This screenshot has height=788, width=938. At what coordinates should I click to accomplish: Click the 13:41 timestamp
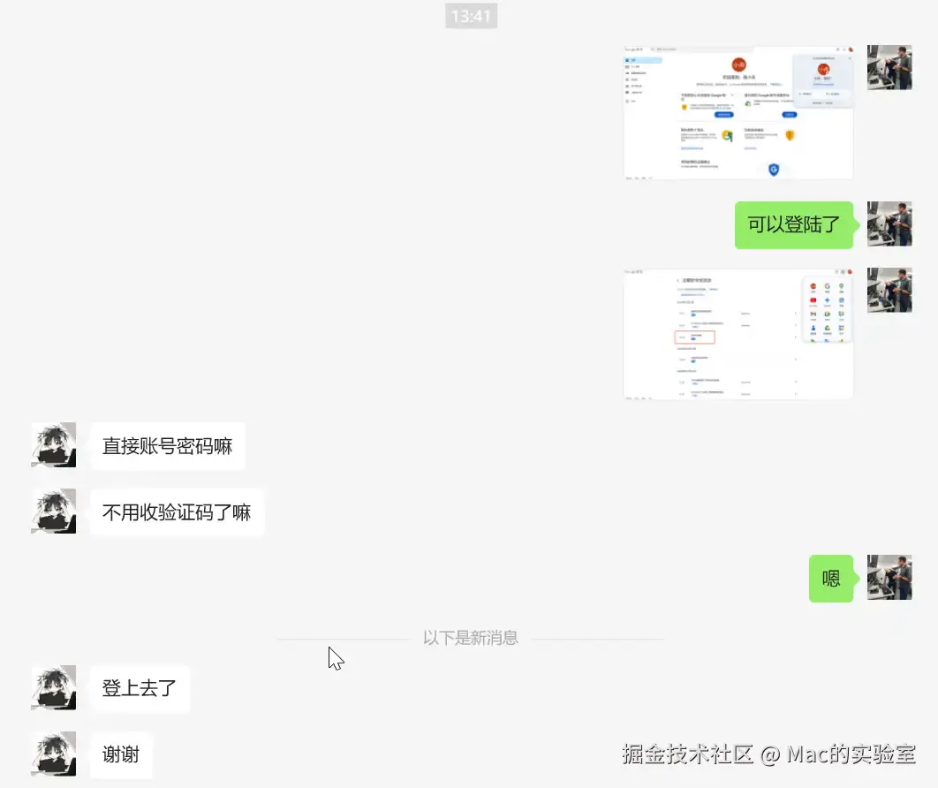click(471, 16)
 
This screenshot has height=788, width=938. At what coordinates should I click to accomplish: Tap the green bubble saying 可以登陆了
click(793, 224)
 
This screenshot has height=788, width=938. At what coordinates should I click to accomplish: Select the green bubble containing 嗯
click(831, 579)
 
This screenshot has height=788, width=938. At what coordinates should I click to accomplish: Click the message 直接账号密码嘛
click(167, 446)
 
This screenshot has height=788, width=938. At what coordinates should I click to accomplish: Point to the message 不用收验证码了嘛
click(177, 512)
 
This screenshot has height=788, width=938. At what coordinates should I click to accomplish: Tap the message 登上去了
click(140, 689)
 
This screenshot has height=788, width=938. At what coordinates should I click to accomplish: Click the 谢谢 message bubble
click(121, 755)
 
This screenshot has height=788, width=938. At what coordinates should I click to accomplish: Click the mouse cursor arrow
click(335, 658)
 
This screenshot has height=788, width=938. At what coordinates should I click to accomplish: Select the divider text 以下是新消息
click(470, 638)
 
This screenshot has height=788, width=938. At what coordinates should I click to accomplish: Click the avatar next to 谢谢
click(54, 754)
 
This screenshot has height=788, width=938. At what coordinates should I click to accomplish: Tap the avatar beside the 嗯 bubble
click(889, 578)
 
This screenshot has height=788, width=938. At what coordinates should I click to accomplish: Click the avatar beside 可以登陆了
click(889, 224)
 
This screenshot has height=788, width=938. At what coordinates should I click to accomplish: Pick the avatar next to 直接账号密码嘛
click(54, 445)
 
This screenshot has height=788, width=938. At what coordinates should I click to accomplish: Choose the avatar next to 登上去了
click(54, 688)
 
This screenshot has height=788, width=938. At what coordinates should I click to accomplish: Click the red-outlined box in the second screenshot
click(695, 337)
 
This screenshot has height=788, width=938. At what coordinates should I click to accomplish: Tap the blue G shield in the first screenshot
click(774, 169)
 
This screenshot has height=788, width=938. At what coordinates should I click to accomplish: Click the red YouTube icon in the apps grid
click(813, 300)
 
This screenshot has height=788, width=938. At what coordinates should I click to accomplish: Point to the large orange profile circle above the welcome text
click(738, 65)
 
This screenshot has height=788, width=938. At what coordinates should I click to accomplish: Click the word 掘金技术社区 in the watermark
click(687, 754)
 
